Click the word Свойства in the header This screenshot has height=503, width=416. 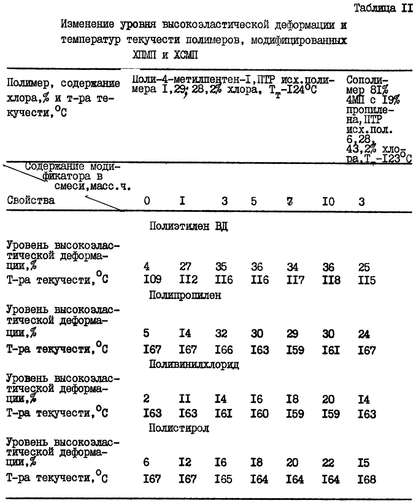point(31,200)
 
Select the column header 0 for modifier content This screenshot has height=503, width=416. point(147,200)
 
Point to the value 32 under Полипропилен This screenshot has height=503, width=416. point(221,333)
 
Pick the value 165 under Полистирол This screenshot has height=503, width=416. point(221,480)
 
